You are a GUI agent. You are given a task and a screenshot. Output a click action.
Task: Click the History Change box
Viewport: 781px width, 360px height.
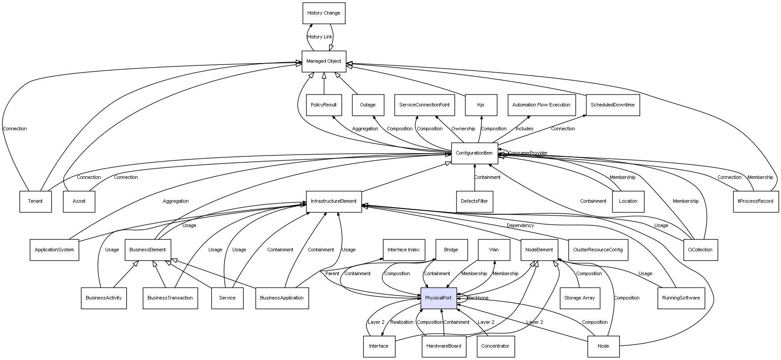pyautogui.click(x=324, y=13)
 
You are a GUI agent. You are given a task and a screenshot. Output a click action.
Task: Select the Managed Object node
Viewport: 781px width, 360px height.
pyautogui.click(x=324, y=61)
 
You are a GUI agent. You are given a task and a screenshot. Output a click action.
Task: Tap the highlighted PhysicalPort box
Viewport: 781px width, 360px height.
pyautogui.click(x=438, y=298)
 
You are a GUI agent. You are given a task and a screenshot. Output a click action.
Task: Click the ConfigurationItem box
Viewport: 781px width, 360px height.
pyautogui.click(x=474, y=153)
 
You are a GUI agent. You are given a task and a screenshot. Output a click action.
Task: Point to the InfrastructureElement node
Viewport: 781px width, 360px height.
pyautogui.click(x=334, y=201)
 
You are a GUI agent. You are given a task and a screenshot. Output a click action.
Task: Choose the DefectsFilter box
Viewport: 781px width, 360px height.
pyautogui.click(x=474, y=201)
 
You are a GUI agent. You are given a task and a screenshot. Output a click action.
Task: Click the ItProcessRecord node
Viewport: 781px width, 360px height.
pyautogui.click(x=755, y=201)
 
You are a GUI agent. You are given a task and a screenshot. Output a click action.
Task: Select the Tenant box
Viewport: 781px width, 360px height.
pyautogui.click(x=35, y=201)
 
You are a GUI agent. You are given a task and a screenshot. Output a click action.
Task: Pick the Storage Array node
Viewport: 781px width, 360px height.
pyautogui.click(x=579, y=298)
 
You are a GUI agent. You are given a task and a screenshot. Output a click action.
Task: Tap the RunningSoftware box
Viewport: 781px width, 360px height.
pyautogui.click(x=681, y=298)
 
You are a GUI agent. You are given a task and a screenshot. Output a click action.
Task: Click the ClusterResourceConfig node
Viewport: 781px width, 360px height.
pyautogui.click(x=598, y=250)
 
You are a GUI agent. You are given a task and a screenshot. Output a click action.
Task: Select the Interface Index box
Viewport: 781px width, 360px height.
pyautogui.click(x=404, y=250)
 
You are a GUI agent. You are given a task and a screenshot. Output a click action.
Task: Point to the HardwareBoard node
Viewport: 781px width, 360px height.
pyautogui.click(x=444, y=346)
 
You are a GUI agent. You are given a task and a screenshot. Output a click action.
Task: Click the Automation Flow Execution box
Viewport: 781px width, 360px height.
pyautogui.click(x=541, y=105)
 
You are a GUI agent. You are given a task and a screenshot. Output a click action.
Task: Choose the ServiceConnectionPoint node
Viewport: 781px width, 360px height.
pyautogui.click(x=424, y=105)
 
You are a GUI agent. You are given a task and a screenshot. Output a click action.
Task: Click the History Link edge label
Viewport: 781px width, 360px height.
pyautogui.click(x=320, y=37)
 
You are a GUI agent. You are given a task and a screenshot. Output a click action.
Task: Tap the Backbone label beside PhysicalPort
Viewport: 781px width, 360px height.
pyautogui.click(x=478, y=298)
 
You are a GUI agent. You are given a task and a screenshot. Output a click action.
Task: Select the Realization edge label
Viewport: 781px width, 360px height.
pyautogui.click(x=402, y=322)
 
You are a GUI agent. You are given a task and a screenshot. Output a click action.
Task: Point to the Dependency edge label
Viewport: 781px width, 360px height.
pyautogui.click(x=520, y=226)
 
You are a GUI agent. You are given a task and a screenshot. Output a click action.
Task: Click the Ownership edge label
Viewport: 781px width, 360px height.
pyautogui.click(x=463, y=129)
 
